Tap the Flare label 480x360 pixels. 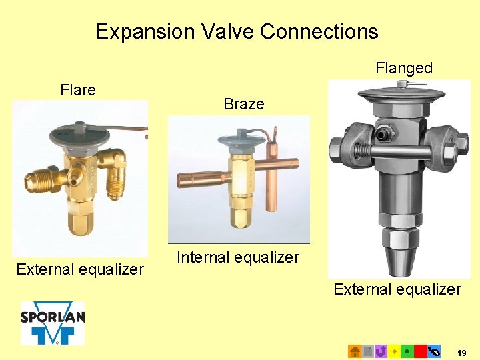pyautogui.click(x=78, y=90)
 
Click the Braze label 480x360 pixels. pyautogui.click(x=244, y=104)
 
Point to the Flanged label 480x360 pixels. pyautogui.click(x=404, y=68)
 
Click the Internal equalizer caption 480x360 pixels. pyautogui.click(x=238, y=257)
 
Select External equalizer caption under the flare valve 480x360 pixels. pyautogui.click(x=80, y=269)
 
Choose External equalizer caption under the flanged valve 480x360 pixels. pyautogui.click(x=397, y=289)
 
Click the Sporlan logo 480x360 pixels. pyautogui.click(x=53, y=323)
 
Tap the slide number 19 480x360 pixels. pyautogui.click(x=462, y=351)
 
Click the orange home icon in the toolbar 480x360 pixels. pyautogui.click(x=355, y=351)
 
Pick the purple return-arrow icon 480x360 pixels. pyautogui.click(x=381, y=351)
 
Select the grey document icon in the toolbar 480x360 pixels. pyautogui.click(x=367, y=351)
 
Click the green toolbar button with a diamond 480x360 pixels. pyautogui.click(x=407, y=351)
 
